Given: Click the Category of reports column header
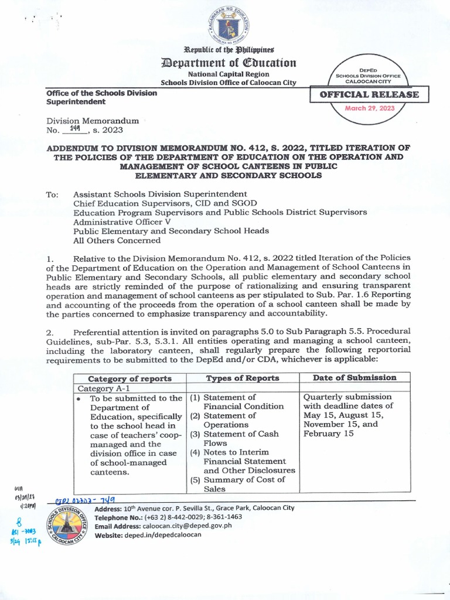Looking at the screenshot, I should point(129,379).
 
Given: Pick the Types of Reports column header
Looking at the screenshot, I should point(243,379).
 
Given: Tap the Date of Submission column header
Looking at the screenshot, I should point(354,378).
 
